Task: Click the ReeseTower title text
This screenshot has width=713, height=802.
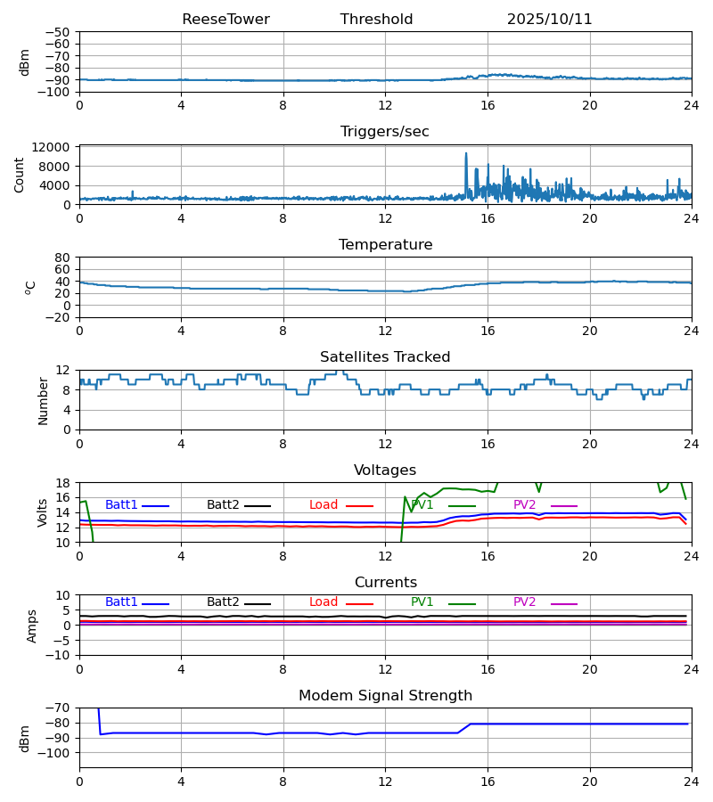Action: click(x=225, y=20)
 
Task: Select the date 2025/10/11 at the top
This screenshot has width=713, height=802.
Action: click(x=549, y=20)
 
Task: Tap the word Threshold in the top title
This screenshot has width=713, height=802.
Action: click(x=376, y=20)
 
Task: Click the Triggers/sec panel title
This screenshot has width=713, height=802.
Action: click(x=385, y=132)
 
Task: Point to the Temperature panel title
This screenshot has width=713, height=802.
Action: click(x=385, y=245)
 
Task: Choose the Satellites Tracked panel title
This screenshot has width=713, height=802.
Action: click(x=385, y=357)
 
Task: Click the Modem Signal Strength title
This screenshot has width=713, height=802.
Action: click(x=385, y=696)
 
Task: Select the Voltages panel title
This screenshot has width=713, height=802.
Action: click(x=385, y=471)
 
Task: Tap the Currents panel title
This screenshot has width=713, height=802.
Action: click(x=385, y=583)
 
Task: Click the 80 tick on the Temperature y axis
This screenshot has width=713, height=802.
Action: click(x=63, y=258)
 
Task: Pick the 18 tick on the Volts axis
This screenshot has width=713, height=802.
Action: click(x=63, y=483)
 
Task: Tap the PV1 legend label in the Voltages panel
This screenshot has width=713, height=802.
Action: click(x=422, y=505)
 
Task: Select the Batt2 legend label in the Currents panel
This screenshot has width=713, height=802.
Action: click(x=223, y=602)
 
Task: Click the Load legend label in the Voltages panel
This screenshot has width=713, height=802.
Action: click(x=324, y=505)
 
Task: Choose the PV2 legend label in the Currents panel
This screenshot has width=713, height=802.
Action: click(x=524, y=602)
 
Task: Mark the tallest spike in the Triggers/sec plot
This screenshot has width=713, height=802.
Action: click(x=465, y=153)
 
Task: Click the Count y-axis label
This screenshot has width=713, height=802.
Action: click(x=20, y=176)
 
